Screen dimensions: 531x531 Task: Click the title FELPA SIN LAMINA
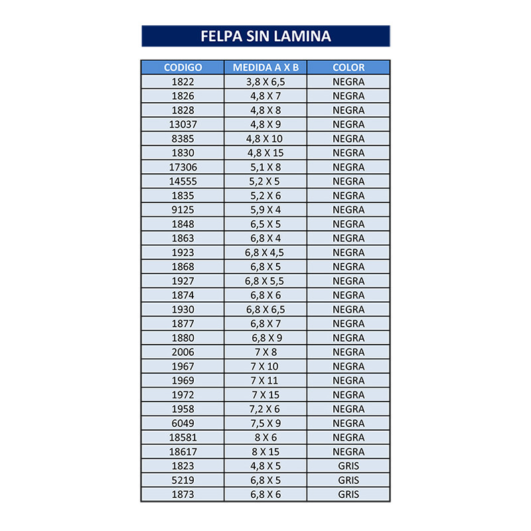[x=265, y=36]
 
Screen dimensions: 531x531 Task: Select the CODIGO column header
[x=183, y=68]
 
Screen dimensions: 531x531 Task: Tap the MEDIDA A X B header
[x=265, y=68]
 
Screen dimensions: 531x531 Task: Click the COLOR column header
[x=348, y=68]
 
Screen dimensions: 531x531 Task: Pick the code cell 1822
[x=183, y=82]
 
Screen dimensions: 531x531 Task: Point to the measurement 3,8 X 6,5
[x=265, y=82]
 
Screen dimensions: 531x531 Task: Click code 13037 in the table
[x=183, y=124]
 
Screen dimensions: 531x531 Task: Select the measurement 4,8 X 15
[x=265, y=153]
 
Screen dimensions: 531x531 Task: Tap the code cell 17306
[x=183, y=167]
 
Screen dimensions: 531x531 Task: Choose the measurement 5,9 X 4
[x=265, y=210]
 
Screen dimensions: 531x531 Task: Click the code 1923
[x=183, y=252]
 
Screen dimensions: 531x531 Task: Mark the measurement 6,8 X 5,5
[x=265, y=281]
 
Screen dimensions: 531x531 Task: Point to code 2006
[x=183, y=352]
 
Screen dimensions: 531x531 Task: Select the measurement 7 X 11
[x=265, y=380]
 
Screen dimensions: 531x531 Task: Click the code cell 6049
[x=183, y=423]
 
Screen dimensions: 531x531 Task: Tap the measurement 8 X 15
[x=265, y=451]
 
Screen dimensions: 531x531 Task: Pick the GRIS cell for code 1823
[x=348, y=466]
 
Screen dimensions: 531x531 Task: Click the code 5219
[x=183, y=480]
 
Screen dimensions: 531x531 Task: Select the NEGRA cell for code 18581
[x=348, y=437]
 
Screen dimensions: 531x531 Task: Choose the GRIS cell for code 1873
[x=348, y=494]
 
